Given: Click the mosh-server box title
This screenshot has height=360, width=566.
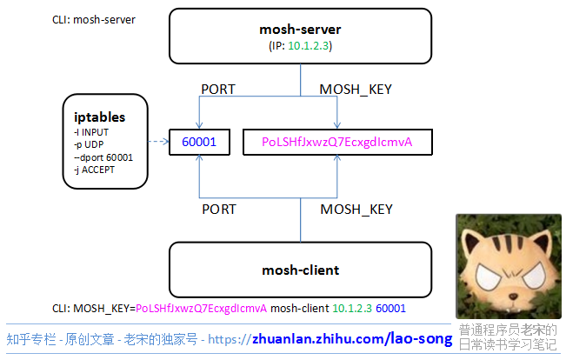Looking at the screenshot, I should tap(300, 30).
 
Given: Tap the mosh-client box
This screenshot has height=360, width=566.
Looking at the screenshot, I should tap(300, 270).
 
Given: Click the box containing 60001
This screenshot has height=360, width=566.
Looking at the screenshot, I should tap(199, 141).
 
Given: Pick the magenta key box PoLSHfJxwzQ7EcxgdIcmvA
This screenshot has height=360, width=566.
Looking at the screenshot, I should tap(336, 141).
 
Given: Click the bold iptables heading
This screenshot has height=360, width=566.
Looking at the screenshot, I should tap(100, 117).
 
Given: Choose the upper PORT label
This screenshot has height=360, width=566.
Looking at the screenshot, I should tap(218, 90).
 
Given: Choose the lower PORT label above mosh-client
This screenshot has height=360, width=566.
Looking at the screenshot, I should tap(218, 210).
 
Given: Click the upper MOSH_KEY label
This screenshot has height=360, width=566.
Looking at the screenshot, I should tap(356, 90).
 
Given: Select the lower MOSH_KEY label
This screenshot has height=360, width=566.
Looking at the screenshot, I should tap(356, 210).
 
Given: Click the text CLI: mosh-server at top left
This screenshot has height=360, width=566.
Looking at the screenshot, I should tap(94, 18).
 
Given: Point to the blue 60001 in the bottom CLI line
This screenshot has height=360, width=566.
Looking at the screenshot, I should tap(390, 309).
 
